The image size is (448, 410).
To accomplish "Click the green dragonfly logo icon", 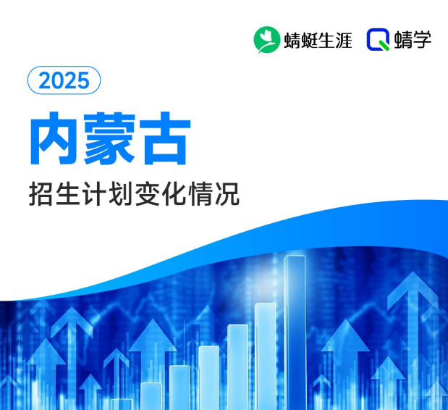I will click(x=266, y=39).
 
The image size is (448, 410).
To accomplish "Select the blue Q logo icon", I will click(x=377, y=40).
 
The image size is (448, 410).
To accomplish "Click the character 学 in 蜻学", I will click(x=422, y=40).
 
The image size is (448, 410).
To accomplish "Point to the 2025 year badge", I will click(x=64, y=80).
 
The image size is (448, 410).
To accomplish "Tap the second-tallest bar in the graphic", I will click(x=266, y=355).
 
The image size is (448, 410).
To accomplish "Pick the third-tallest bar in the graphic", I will click(x=237, y=366).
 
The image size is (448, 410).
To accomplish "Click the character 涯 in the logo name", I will click(x=342, y=40).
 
